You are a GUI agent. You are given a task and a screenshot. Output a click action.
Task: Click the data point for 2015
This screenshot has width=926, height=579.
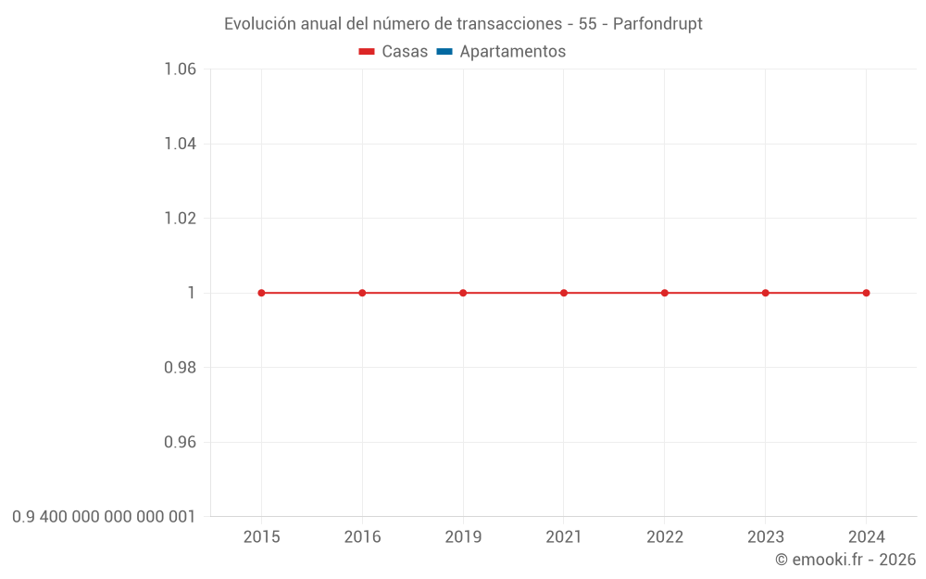[x=261, y=293]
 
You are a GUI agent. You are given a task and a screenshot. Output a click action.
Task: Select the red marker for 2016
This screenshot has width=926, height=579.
[x=362, y=293]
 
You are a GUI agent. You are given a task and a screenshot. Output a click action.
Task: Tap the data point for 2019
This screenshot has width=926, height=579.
[x=463, y=293]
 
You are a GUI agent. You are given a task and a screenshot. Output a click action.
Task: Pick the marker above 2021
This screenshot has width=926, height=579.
[x=564, y=293]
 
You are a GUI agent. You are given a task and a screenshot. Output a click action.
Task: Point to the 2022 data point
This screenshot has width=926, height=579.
[x=665, y=293]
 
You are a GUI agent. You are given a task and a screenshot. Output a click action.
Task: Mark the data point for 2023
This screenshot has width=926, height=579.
[x=766, y=293]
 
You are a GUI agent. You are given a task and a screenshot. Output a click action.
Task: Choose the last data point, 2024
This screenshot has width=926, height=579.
[x=866, y=293]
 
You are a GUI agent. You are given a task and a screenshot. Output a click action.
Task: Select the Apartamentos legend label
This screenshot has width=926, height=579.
[x=512, y=52]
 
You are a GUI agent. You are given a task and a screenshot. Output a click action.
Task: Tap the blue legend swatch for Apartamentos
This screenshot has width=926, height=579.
[x=444, y=52]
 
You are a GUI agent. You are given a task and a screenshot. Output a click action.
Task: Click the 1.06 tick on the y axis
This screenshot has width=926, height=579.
[x=180, y=69]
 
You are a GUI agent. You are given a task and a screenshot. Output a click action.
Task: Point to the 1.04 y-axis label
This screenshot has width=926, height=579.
[x=180, y=144]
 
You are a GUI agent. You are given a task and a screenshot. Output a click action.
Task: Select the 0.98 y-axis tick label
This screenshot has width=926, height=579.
[x=180, y=368]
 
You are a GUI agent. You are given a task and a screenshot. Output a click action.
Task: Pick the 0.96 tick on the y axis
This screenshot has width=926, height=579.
[x=180, y=442]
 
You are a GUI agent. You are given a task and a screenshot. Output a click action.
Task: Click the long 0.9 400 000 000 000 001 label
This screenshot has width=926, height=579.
[x=104, y=517]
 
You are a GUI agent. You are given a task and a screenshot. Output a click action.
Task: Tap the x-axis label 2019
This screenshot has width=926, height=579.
[x=463, y=537]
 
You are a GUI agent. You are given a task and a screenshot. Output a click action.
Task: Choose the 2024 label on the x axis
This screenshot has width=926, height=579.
[x=866, y=537]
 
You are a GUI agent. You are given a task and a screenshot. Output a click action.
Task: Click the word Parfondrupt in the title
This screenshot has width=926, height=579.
[x=657, y=24]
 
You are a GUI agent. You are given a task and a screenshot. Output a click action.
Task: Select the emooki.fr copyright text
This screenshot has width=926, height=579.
[x=845, y=560]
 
